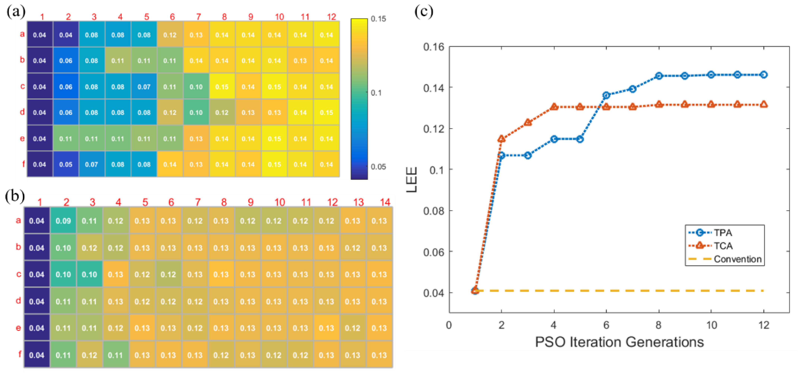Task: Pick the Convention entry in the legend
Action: coord(737,259)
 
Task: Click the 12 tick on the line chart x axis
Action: coord(764,325)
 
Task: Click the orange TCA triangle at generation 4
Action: coord(554,107)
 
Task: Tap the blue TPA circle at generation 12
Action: coord(764,75)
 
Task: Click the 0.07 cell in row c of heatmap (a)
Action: coord(144,87)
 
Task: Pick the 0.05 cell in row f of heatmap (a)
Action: coord(66,164)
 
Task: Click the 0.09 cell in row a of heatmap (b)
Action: coord(63,221)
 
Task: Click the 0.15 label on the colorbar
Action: coord(378,19)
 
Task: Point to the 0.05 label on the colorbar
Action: coord(378,167)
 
